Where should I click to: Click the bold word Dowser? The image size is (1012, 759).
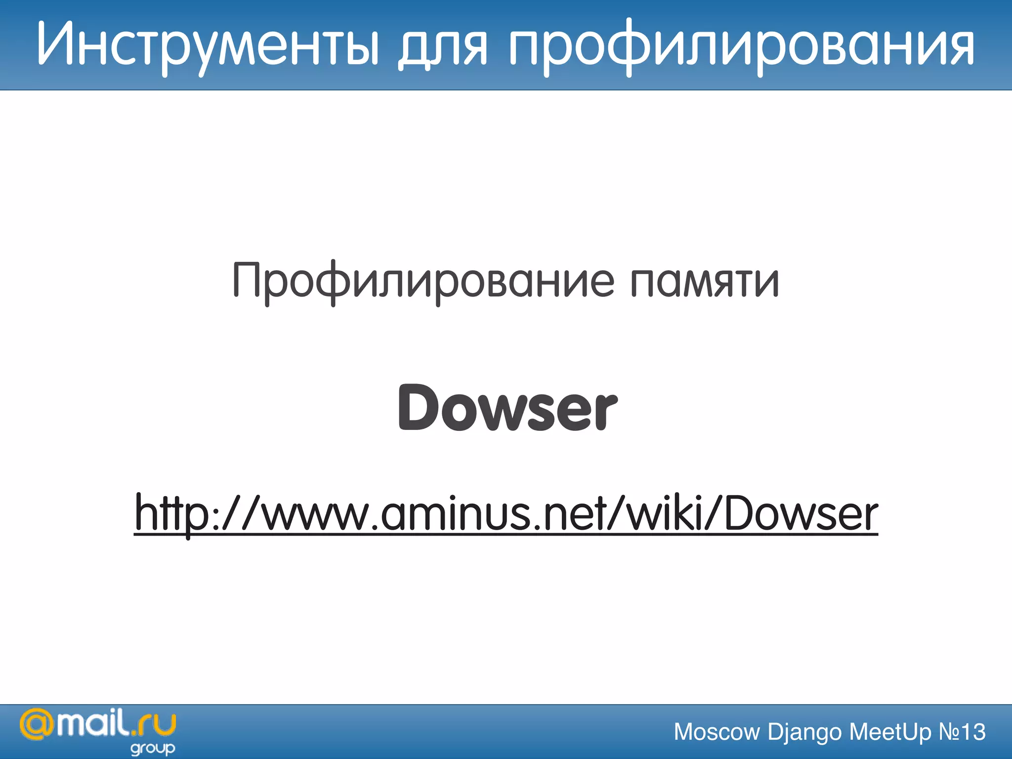pos(507,408)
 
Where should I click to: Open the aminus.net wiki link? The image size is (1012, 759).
pos(506,514)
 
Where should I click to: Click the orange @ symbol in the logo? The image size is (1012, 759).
pos(36,725)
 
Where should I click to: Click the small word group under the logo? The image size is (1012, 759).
pos(153,749)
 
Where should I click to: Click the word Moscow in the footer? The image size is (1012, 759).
pos(717,732)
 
